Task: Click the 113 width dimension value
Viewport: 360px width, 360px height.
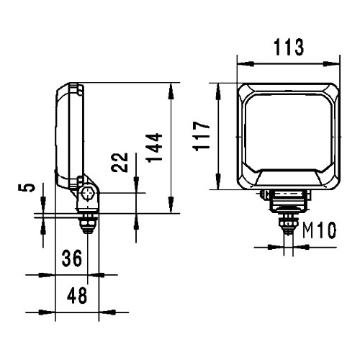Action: pos(289,48)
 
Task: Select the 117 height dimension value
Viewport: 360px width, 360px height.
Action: pos(201,136)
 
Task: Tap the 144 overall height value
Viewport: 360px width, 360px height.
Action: pos(155,148)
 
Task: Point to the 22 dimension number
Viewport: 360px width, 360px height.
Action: pos(120,162)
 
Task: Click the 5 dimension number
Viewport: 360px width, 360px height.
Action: pos(27,187)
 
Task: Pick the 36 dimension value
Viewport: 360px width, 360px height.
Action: pos(72,258)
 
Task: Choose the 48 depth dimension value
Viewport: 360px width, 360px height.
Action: pos(77,296)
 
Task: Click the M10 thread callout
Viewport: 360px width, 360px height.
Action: pos(319,230)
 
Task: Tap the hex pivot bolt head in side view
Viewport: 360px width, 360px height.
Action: pos(87,193)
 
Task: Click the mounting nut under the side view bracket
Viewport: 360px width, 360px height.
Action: pos(88,224)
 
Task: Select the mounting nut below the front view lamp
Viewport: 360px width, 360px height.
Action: pos(288,224)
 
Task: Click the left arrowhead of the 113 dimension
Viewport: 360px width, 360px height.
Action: pos(246,64)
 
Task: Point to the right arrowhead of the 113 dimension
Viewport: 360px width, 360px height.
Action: pos(331,64)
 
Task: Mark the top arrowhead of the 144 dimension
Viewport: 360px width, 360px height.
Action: pos(171,91)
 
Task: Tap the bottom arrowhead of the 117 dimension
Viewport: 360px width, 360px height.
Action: pos(218,181)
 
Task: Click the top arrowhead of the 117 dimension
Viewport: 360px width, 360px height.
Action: pos(218,91)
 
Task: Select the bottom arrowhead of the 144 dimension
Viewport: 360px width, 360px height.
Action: pos(171,204)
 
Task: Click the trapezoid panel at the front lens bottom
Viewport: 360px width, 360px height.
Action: pos(288,177)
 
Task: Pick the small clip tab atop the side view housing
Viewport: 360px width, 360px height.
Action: pos(81,89)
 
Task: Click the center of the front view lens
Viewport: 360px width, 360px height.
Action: pos(288,132)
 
